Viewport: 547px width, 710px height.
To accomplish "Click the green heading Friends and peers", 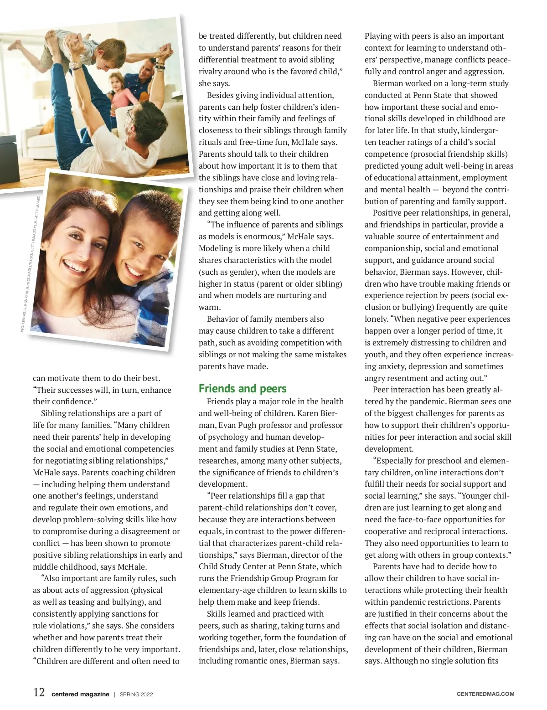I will click(243, 389).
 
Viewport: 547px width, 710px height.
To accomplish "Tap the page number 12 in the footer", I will click(39, 693).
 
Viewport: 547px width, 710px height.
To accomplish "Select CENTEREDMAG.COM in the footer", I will click(485, 694).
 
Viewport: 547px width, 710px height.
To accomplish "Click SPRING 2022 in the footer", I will click(136, 695).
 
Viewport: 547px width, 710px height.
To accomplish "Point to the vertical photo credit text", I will click(31, 264).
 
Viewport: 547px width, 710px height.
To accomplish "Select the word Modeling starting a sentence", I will click(216, 248).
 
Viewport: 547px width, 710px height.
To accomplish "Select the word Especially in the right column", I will click(397, 461).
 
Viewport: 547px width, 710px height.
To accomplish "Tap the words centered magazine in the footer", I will click(80, 695).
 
